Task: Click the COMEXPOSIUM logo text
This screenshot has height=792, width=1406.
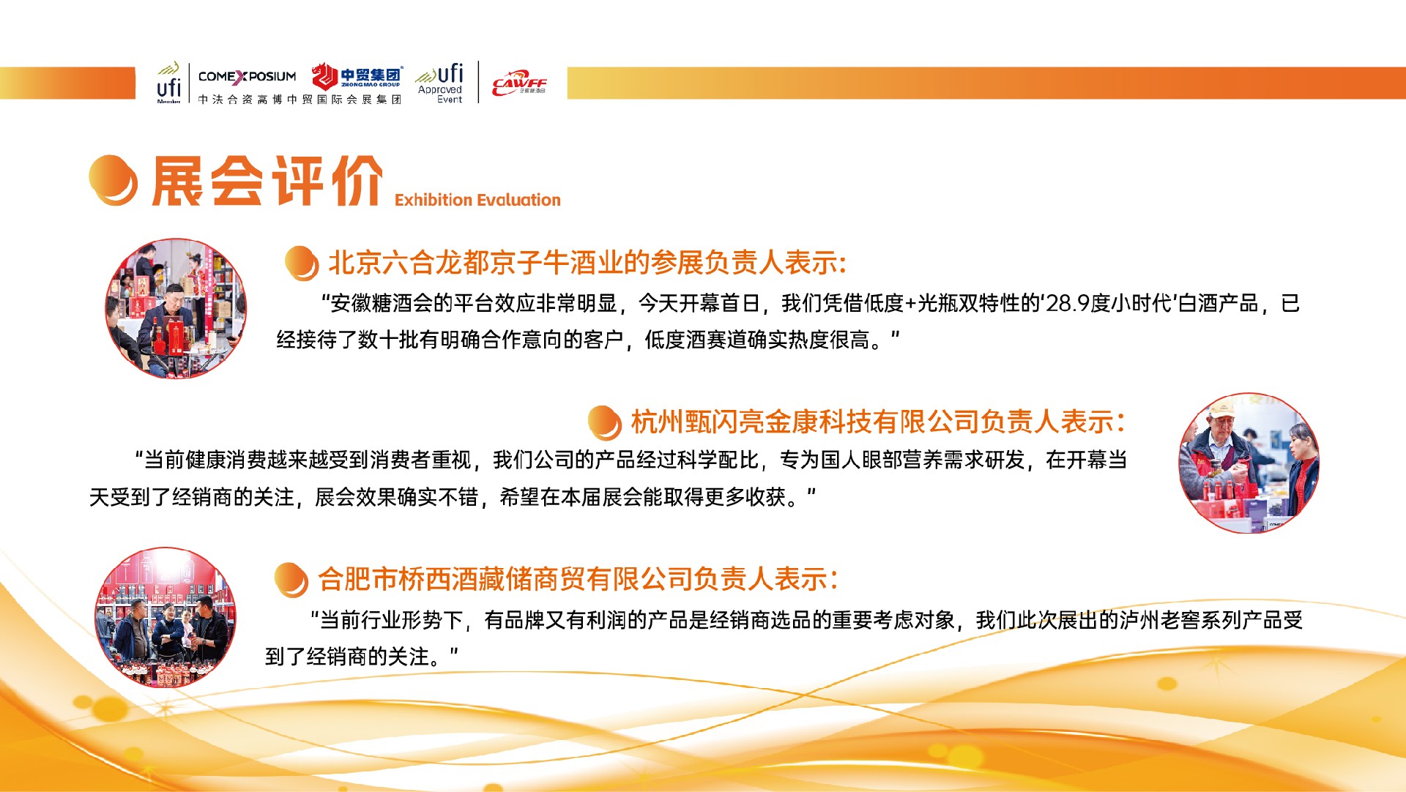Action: [248, 76]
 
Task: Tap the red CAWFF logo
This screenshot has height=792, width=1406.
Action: [519, 83]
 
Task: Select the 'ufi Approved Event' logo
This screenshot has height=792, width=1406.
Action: [440, 83]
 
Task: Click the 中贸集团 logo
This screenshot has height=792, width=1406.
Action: [357, 75]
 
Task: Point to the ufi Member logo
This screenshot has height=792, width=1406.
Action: [168, 83]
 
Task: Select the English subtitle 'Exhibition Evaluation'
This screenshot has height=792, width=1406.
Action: [477, 200]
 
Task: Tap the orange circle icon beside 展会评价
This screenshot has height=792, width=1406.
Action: [113, 180]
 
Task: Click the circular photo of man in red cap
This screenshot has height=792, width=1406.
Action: [1249, 463]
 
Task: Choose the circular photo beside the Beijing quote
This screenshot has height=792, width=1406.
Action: [176, 308]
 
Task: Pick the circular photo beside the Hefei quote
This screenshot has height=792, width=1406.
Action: [165, 617]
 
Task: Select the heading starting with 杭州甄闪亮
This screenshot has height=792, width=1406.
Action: [877, 422]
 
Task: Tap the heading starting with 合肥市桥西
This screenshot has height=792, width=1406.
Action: [578, 579]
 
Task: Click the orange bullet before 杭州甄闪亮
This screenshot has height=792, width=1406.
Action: [605, 423]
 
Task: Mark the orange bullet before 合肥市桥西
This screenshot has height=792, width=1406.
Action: [291, 580]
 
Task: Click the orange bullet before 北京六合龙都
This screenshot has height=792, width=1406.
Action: [302, 264]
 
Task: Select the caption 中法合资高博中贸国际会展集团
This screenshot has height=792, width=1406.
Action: [300, 99]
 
